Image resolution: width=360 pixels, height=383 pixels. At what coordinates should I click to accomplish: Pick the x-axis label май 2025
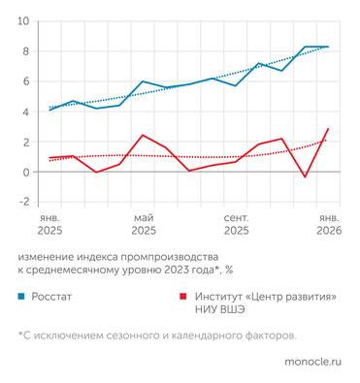(144, 224)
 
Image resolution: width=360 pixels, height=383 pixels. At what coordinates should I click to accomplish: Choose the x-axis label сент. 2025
(236, 224)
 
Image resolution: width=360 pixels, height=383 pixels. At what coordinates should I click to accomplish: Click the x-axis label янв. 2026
(327, 224)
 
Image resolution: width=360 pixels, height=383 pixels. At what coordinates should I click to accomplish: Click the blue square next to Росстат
(20, 299)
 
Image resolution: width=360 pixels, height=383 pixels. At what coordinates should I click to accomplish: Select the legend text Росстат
(54, 299)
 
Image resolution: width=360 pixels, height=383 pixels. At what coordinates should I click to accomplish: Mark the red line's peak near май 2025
(143, 136)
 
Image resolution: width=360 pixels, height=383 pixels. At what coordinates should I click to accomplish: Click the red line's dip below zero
(305, 176)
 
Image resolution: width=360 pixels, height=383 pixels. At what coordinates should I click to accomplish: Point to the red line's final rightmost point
(328, 129)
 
